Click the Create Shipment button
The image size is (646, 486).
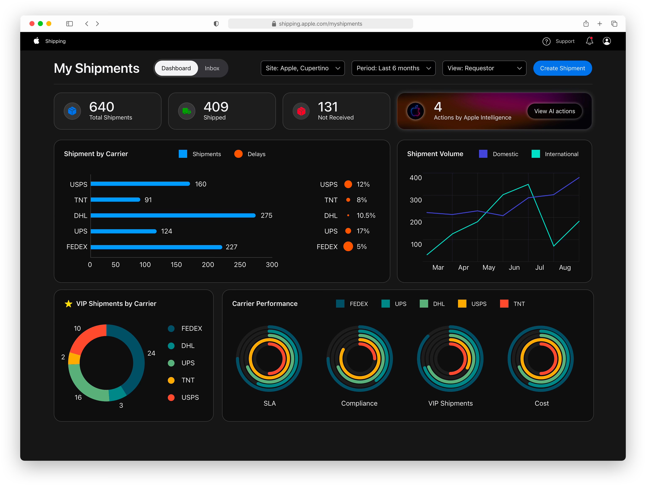point(562,68)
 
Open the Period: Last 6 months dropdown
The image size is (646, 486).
point(393,68)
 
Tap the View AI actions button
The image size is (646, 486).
point(554,111)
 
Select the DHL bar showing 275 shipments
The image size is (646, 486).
point(173,215)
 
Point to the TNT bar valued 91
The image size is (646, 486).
point(115,200)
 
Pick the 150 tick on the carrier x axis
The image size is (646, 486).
point(176,264)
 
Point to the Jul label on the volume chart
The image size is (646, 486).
point(539,267)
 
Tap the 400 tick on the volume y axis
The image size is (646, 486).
point(416,178)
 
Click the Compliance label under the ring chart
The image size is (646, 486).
point(359,403)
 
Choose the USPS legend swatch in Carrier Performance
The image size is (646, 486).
point(462,304)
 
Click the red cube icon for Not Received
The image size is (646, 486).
point(301,111)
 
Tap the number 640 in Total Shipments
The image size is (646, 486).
point(102,107)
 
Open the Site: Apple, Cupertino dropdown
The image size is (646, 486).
point(303,68)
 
